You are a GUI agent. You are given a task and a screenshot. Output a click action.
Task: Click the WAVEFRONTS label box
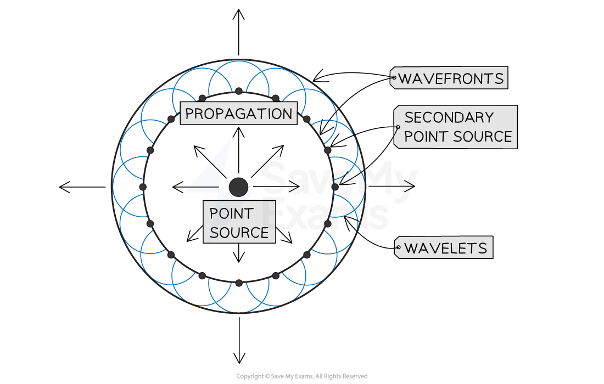pos(449,78)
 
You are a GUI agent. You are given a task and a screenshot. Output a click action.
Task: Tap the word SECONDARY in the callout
pos(449,117)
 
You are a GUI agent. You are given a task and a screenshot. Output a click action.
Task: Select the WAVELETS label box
pos(444,247)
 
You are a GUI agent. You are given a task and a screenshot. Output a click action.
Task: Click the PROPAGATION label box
pos(238,113)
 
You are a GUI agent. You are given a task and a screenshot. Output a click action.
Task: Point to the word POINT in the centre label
pos(231,213)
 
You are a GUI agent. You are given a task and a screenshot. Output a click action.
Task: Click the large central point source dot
pos(238,187)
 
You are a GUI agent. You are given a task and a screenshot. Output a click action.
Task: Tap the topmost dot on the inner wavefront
pos(239,91)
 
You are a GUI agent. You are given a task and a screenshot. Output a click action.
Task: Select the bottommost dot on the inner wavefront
pos(239,283)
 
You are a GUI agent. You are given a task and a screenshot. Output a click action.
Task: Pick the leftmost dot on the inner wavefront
pos(143,187)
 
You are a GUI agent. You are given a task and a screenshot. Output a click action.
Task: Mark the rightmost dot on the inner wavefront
pos(335,187)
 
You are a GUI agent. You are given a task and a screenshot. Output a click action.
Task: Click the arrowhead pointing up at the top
pos(239,14)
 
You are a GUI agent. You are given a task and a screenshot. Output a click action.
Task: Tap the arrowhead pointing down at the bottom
pos(239,358)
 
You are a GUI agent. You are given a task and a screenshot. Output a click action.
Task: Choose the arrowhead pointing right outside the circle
pos(410,186)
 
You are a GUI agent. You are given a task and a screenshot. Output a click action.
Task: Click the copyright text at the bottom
pos(302,376)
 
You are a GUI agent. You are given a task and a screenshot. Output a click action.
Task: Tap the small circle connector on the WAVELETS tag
pos(398,247)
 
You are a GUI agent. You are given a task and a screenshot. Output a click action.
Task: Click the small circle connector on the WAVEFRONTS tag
pos(394,78)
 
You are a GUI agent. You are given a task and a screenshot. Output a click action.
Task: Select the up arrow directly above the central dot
pos(239,150)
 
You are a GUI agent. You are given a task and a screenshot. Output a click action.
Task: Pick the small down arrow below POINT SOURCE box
pos(239,253)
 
